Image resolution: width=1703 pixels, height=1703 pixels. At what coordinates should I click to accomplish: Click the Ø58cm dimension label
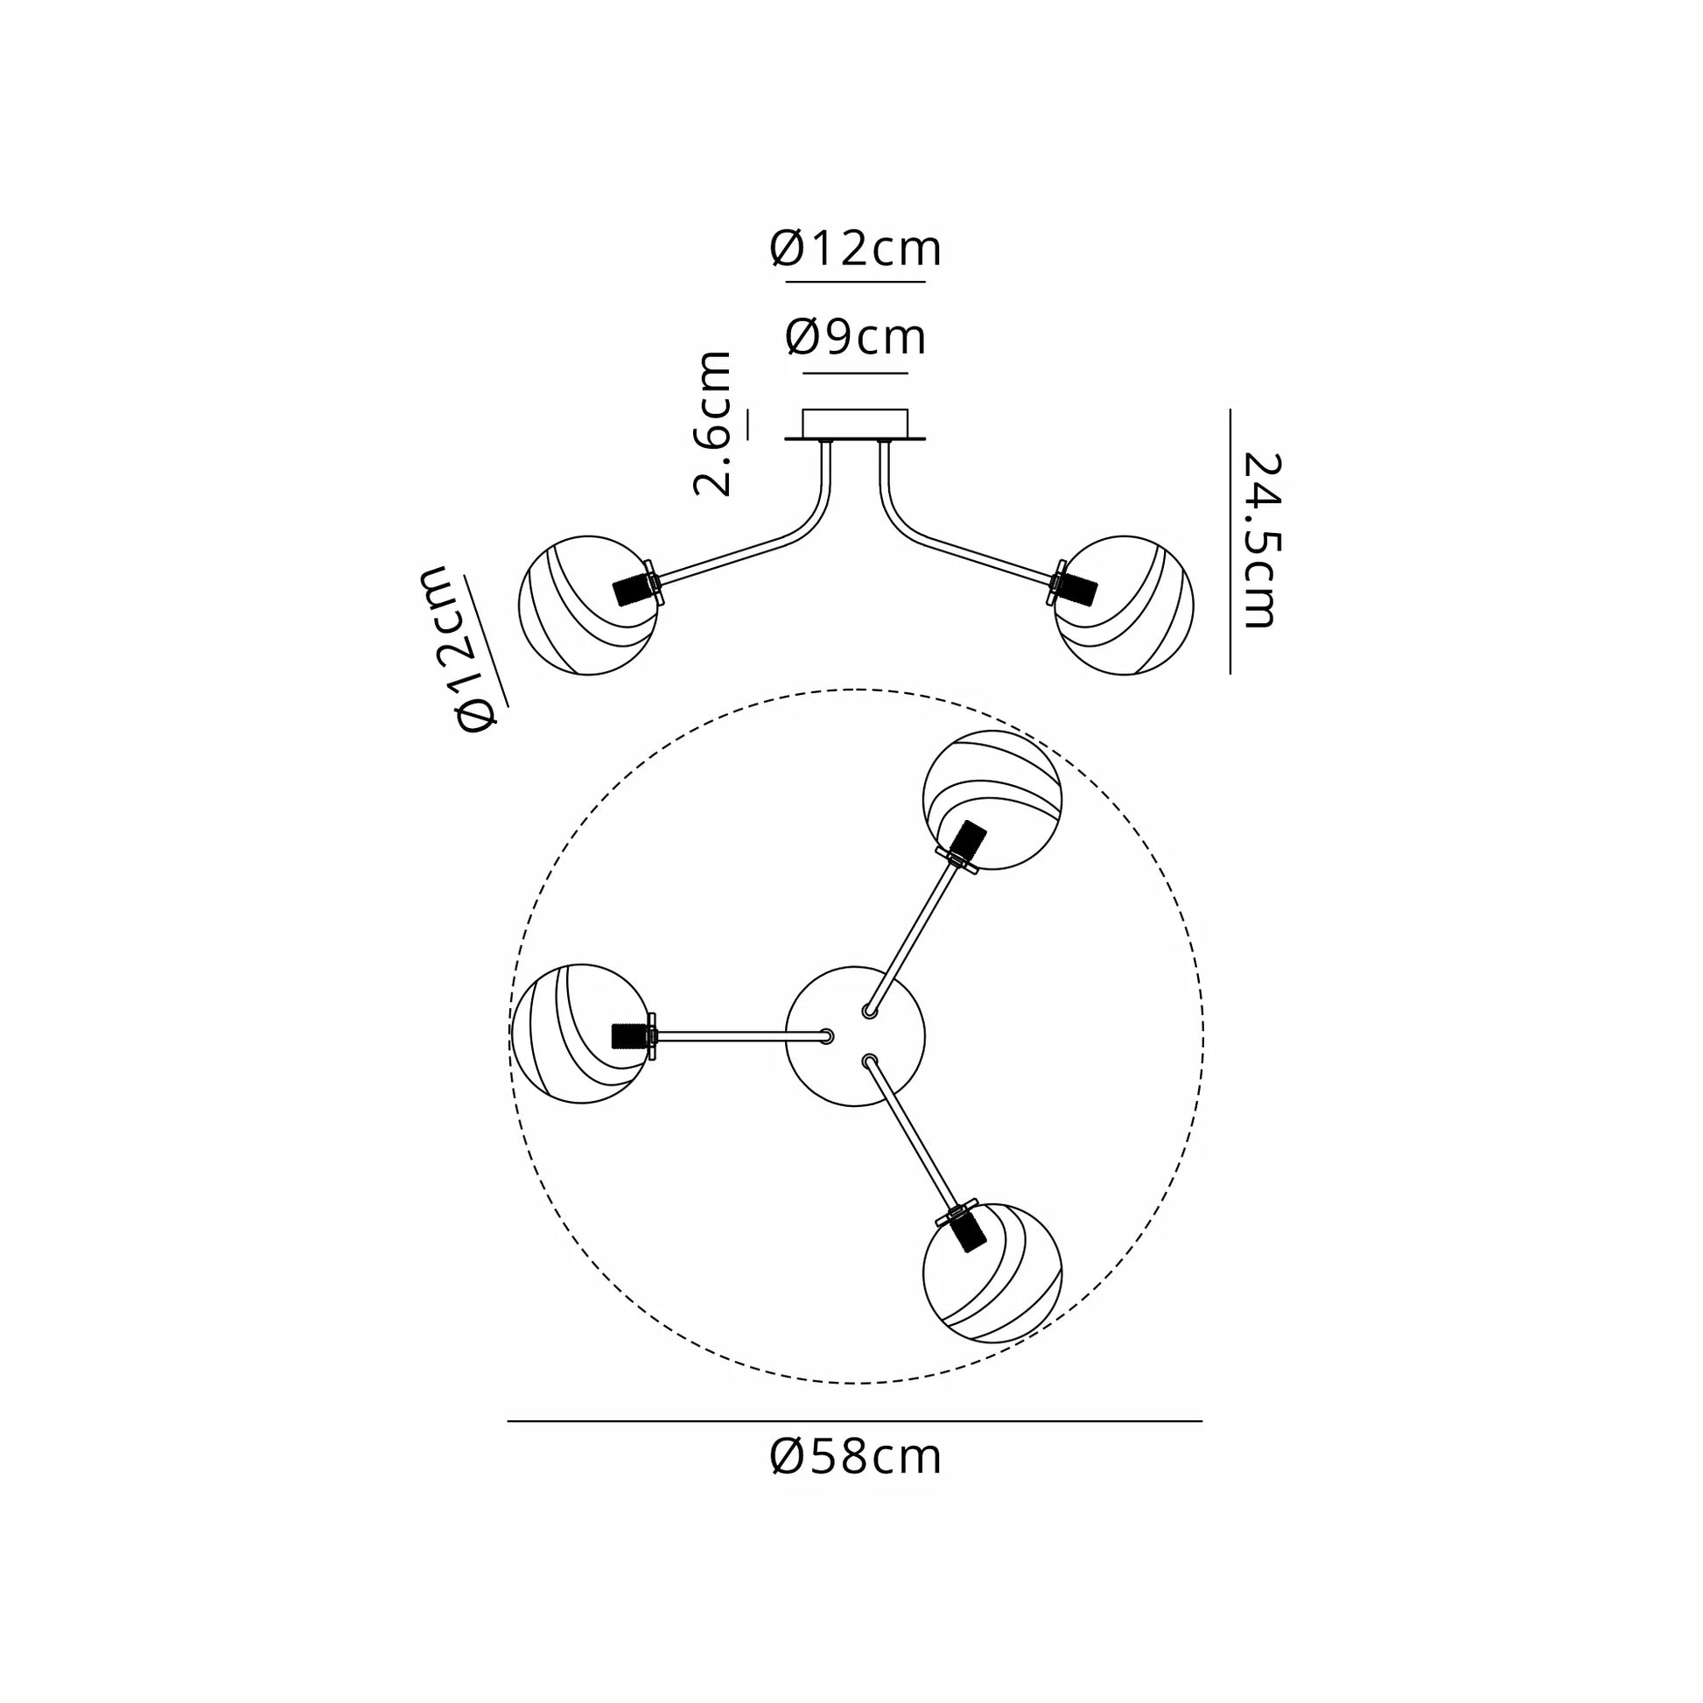855,1457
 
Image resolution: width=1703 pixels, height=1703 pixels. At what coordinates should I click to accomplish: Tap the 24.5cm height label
1258,540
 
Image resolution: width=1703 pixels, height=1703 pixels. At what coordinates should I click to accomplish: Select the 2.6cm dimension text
713,424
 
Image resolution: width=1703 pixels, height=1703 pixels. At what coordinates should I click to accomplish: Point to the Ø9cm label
855,337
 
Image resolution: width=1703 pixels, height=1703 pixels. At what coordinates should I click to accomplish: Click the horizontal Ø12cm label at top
855,249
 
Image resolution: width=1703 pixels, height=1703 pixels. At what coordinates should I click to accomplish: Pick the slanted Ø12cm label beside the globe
465,649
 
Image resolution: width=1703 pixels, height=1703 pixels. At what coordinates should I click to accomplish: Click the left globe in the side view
588,605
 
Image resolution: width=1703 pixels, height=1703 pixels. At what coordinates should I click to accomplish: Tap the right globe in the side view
1124,605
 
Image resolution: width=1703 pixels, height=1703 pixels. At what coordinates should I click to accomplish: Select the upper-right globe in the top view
992,800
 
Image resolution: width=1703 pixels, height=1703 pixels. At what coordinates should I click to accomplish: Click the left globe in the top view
582,1033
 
